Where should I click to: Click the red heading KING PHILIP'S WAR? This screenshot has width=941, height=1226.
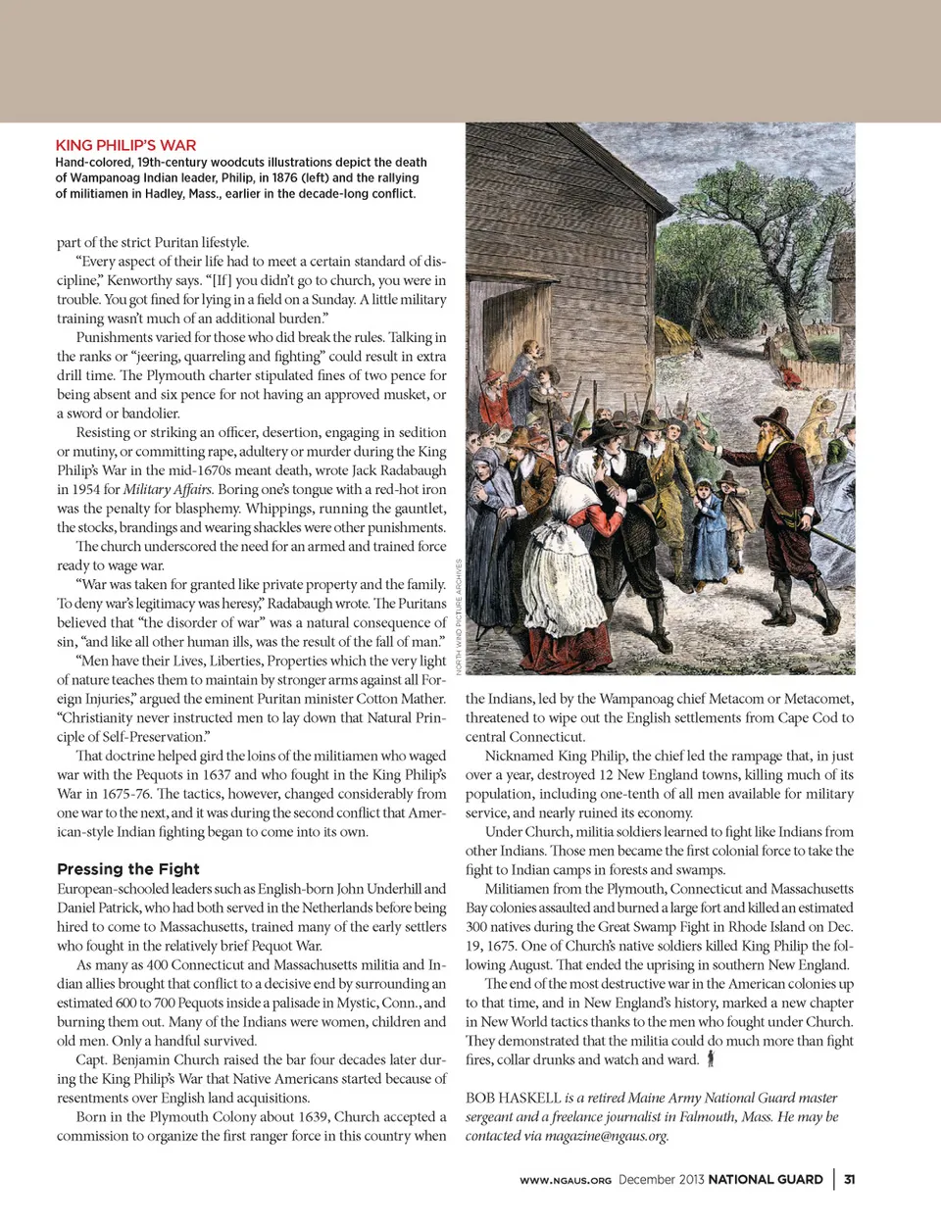[x=125, y=145]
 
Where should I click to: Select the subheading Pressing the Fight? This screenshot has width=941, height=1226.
[x=127, y=868]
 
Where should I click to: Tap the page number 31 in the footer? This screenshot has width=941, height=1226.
[x=849, y=1179]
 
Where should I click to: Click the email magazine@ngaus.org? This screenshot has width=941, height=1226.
[x=606, y=1136]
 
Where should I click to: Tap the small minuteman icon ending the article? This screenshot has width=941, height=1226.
[x=711, y=1059]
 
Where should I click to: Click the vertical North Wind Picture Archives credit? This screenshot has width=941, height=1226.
[x=458, y=615]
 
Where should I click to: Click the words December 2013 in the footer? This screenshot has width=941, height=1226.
[x=661, y=1179]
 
